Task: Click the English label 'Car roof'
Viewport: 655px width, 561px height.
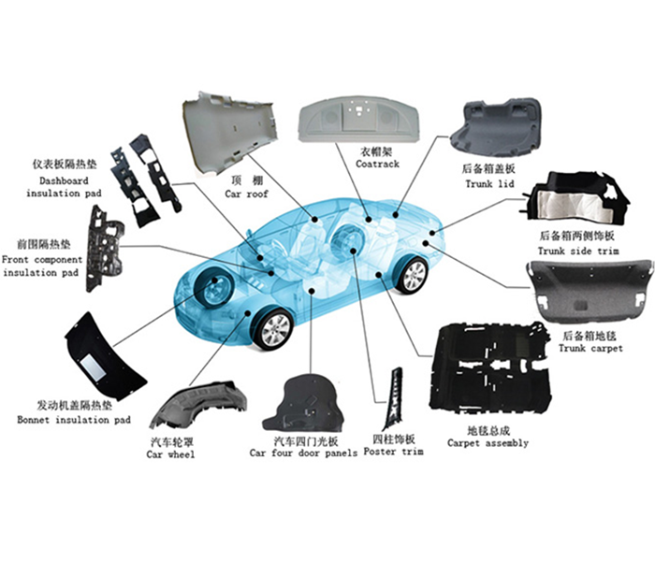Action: pos(246,194)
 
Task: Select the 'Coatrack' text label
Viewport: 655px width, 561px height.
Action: pos(377,164)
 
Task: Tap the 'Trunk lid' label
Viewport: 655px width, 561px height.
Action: pos(489,184)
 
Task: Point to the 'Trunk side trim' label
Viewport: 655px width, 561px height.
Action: pos(578,252)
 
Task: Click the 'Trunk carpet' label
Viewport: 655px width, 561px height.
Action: pos(590,348)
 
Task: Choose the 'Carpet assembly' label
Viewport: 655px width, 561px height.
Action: pos(488,443)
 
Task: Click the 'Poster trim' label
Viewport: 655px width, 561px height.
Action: pos(394,452)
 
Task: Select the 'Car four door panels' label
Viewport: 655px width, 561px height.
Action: pos(304,453)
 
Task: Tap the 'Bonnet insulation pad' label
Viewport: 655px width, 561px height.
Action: pos(74,420)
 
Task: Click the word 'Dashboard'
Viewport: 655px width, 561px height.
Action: pos(64,180)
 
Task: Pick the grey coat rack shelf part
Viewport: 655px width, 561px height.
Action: pos(358,119)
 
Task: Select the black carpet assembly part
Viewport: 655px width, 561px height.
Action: pos(489,368)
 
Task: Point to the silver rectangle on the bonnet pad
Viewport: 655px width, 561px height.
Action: pos(93,367)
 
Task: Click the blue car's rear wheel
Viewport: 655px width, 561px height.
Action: pos(412,275)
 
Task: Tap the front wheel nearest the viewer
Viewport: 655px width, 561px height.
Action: pos(273,328)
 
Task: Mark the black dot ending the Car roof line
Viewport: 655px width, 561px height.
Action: pos(314,220)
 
